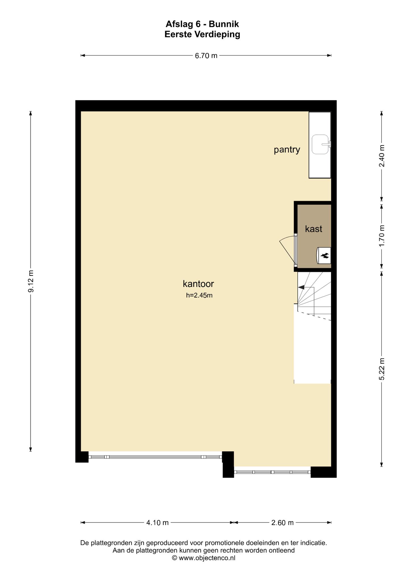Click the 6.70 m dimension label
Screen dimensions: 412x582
tap(206, 56)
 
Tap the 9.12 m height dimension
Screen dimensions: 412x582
tap(31, 281)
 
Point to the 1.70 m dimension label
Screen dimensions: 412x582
tap(382, 236)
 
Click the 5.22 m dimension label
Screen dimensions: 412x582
tap(382, 369)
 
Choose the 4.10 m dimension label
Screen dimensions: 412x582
tap(158, 523)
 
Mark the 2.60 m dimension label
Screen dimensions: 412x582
tap(282, 523)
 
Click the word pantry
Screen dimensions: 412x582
tap(287, 150)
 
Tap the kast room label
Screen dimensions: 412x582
tap(314, 229)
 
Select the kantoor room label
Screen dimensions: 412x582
tap(198, 284)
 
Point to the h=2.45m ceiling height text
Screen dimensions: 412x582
tap(199, 295)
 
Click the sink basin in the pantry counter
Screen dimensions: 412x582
tap(321, 144)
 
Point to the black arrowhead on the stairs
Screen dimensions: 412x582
tap(301, 287)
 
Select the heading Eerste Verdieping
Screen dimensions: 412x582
tap(202, 34)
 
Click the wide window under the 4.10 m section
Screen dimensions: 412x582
tap(155, 457)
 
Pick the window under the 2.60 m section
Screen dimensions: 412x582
tap(272, 472)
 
